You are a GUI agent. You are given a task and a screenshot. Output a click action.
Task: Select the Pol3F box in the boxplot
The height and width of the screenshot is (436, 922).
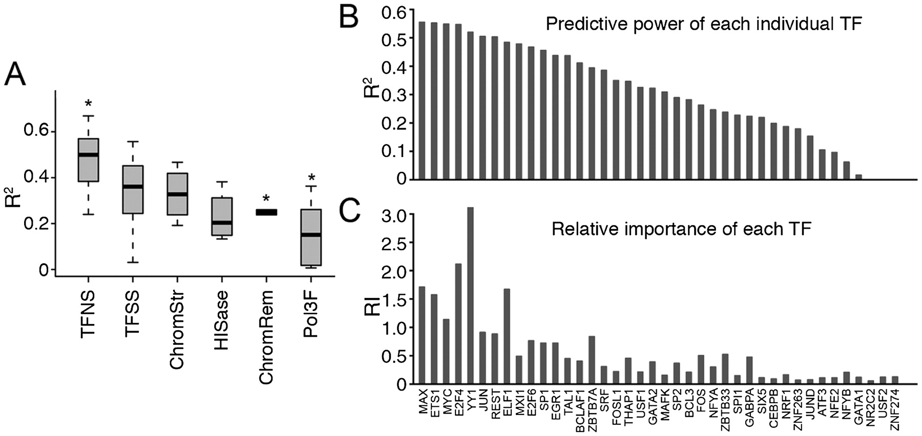tap(311, 237)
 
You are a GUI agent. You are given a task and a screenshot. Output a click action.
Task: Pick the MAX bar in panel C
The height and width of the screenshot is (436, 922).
tap(422, 335)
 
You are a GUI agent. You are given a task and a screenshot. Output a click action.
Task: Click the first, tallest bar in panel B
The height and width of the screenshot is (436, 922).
tap(422, 100)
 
